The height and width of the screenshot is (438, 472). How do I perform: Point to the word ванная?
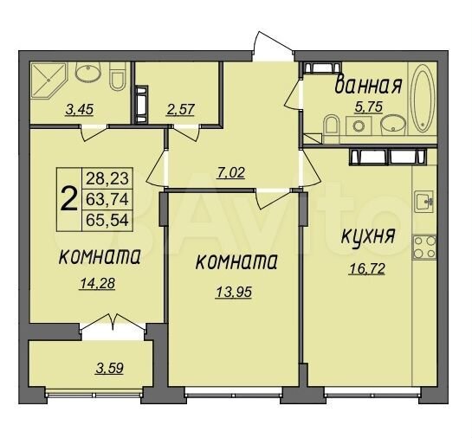pos(366,85)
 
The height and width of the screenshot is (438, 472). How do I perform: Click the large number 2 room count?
pos(67,198)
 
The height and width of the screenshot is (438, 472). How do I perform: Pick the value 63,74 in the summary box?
pos(101,198)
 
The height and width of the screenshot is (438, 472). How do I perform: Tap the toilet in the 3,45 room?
pos(119,80)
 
